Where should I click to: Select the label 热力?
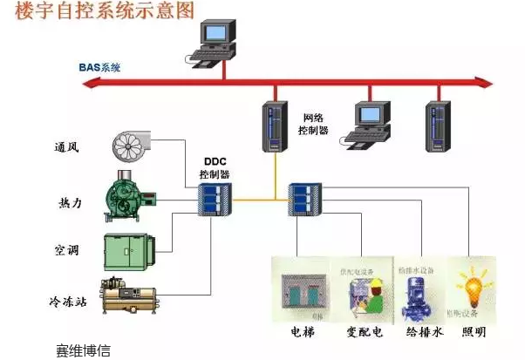pos(66,204)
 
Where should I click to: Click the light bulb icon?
pos(474,284)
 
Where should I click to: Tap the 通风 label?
pos(66,146)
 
